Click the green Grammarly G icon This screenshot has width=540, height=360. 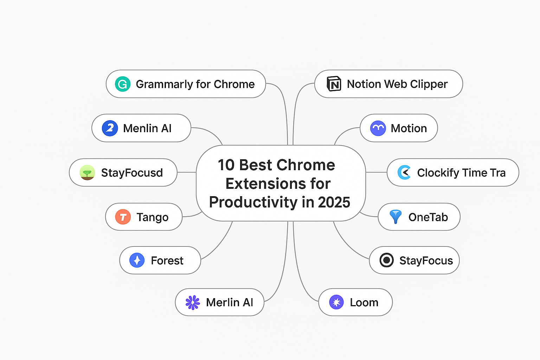(123, 84)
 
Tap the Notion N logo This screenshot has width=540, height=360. (334, 84)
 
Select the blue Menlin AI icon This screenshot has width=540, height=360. (110, 128)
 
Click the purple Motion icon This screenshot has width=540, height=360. (378, 128)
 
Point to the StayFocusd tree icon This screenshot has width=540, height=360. (87, 172)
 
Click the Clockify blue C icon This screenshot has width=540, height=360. (404, 172)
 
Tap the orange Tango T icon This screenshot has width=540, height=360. (123, 217)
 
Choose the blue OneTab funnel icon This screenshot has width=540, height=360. (396, 217)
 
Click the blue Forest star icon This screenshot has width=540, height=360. (137, 260)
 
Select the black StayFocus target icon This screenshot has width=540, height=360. (387, 260)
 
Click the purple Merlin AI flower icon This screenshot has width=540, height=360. (193, 302)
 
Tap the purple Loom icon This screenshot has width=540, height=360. (336, 302)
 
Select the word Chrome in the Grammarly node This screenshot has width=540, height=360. (234, 84)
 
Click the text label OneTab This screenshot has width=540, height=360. (428, 217)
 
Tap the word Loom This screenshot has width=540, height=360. (364, 302)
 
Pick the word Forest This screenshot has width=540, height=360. (167, 261)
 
